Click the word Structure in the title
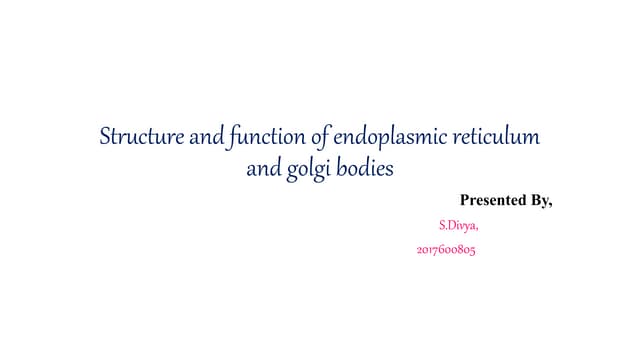click(x=139, y=136)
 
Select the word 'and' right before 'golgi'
click(x=263, y=168)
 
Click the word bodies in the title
click(x=365, y=168)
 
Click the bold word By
click(x=541, y=201)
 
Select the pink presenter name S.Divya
click(x=458, y=226)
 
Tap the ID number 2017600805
click(x=445, y=250)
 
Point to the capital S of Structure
click(x=104, y=136)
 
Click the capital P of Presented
click(x=465, y=201)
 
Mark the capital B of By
click(x=535, y=201)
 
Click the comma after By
click(x=551, y=205)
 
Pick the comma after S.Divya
click(x=476, y=229)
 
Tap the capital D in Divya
click(x=451, y=226)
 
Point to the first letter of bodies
click(x=340, y=167)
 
